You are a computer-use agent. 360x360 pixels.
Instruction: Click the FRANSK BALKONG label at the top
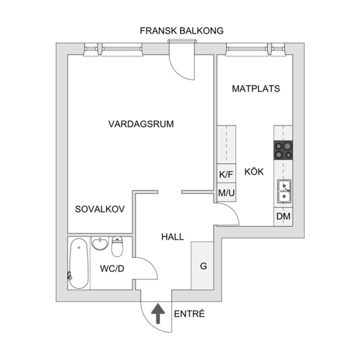(181, 31)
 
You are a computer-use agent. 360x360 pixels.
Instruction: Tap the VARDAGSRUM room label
(141, 124)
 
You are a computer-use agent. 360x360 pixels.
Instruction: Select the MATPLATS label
(256, 89)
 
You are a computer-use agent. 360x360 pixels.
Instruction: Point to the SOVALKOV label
(100, 209)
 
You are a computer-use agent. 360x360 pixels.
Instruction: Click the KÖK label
(254, 172)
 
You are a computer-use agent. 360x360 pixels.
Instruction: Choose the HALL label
(172, 237)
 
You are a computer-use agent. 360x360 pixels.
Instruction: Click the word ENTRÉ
(189, 314)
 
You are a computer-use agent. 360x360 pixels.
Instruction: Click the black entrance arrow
(157, 313)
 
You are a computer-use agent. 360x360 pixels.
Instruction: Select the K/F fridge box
(226, 174)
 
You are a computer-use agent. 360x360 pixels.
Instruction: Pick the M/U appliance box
(226, 193)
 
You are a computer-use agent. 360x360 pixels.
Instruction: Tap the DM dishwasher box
(283, 217)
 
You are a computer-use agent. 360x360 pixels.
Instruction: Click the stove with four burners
(283, 150)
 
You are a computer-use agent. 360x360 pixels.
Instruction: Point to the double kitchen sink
(284, 191)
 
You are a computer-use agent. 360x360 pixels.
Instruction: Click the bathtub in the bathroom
(79, 264)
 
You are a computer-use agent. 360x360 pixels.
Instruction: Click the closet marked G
(203, 266)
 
